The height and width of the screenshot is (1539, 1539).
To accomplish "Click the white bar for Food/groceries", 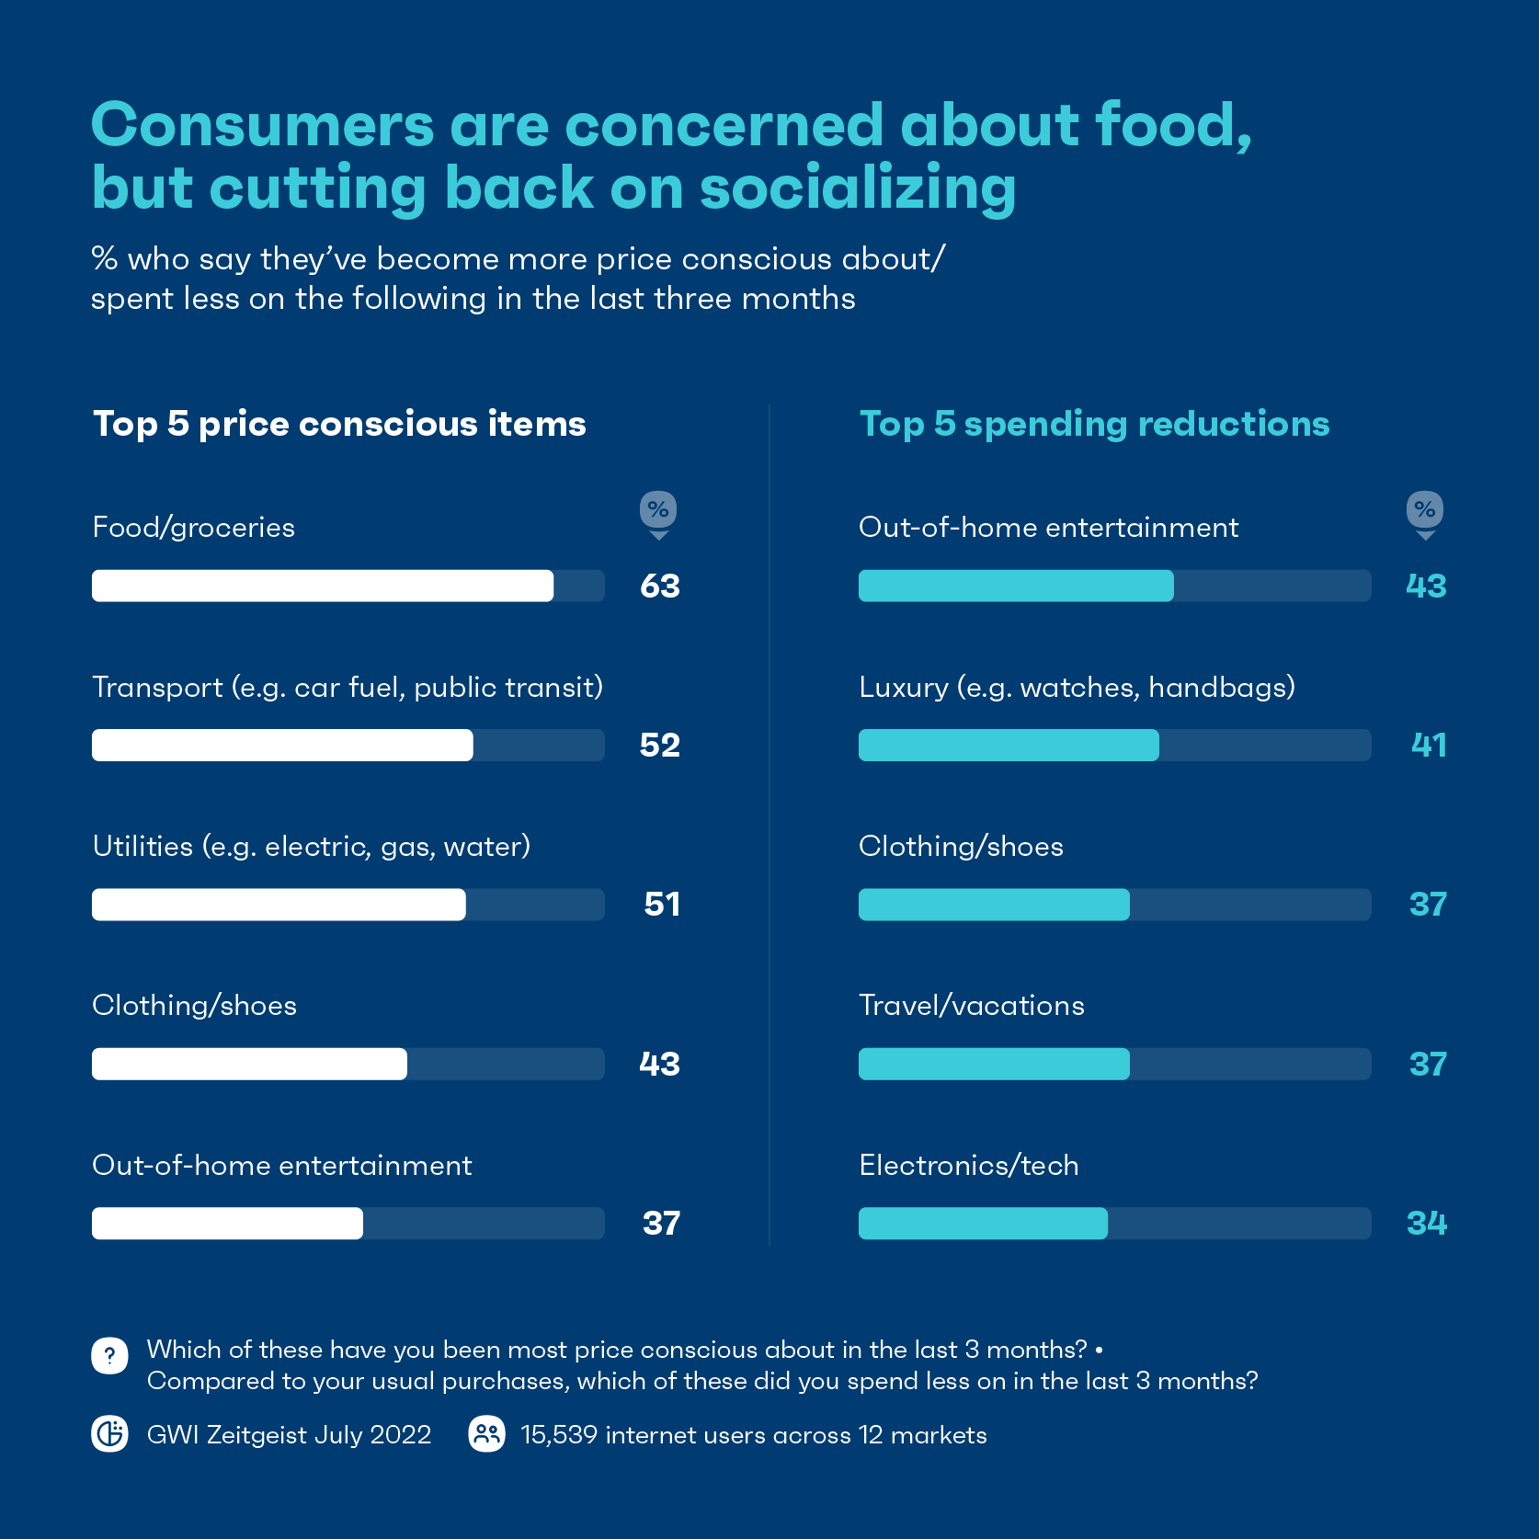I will (x=322, y=586).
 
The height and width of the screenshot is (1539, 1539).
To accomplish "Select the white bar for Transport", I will (x=282, y=745).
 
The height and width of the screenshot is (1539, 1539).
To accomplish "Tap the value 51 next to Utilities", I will (x=662, y=905).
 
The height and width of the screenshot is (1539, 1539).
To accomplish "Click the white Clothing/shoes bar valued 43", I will (x=249, y=1064).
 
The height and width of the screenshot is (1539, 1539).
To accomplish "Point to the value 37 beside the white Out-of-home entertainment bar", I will (x=661, y=1224).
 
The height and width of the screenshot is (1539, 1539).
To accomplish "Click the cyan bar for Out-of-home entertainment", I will (x=1015, y=586).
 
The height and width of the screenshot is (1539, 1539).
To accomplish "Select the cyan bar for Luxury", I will (x=1008, y=745).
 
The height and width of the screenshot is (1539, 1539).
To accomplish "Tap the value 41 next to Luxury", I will (x=1429, y=745).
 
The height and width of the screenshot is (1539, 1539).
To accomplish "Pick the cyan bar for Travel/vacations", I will (x=993, y=1064).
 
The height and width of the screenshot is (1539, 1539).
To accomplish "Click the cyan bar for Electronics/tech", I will (x=982, y=1224).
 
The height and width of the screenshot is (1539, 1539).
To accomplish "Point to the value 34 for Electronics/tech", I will (x=1427, y=1224).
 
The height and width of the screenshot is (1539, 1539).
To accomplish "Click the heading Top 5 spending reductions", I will (x=1094, y=424).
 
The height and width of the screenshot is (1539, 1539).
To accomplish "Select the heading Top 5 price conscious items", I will (x=339, y=424).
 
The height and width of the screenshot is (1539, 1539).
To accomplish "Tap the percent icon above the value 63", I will (x=658, y=510).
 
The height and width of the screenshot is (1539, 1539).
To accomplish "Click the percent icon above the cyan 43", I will (x=1425, y=510).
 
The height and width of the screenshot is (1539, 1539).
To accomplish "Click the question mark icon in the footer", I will (x=109, y=1355).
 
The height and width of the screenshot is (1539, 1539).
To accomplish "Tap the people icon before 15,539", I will (x=486, y=1434).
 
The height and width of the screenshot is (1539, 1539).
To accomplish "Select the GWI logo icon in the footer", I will (x=109, y=1434).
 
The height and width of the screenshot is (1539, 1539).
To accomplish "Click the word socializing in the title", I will (x=858, y=188).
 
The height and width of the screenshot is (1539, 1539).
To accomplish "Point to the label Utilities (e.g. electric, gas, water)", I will (x=312, y=847).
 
